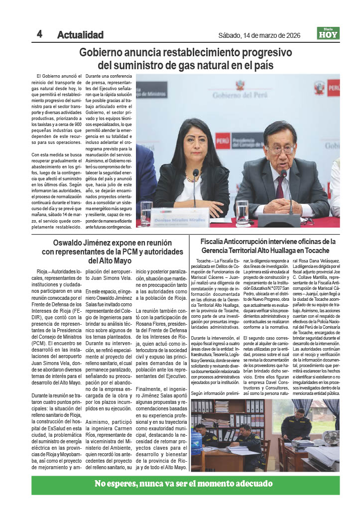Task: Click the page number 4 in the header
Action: [x=39, y=34]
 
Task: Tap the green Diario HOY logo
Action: [x=328, y=33]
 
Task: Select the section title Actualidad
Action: [x=80, y=35]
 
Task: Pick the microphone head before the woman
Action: [x=196, y=173]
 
